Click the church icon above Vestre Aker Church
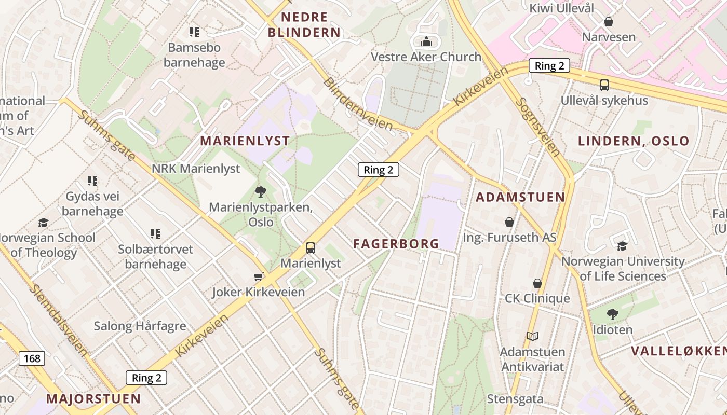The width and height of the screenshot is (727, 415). (426, 41)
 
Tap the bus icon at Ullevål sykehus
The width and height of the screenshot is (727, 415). (604, 85)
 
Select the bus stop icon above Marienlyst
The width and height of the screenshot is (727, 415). (311, 248)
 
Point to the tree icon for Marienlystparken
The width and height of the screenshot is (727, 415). (261, 192)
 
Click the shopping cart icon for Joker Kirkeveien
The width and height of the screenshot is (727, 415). (259, 277)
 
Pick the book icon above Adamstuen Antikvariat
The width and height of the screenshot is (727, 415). (533, 336)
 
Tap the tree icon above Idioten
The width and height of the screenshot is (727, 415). (613, 314)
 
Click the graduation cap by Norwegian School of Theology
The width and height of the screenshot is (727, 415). (43, 223)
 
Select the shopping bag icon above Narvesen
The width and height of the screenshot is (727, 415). (609, 22)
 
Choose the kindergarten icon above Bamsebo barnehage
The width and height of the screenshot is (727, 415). (194, 32)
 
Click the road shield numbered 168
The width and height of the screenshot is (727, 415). (32, 358)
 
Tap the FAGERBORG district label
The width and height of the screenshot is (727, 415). (396, 243)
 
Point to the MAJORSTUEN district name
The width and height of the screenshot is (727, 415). (93, 399)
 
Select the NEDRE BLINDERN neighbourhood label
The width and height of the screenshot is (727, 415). (304, 25)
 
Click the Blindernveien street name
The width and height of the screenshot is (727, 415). (358, 104)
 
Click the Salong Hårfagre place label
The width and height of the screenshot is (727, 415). (140, 326)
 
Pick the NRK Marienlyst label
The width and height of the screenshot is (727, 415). (196, 169)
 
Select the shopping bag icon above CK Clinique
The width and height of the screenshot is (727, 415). (537, 283)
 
